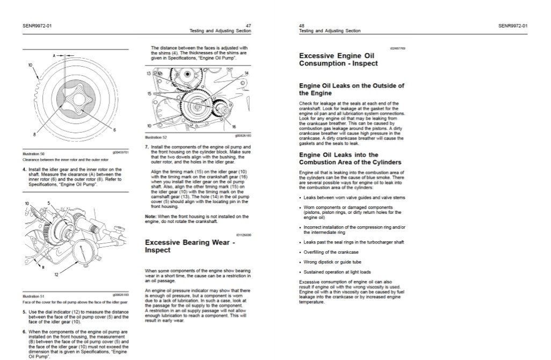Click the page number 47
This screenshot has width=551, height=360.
(249, 25)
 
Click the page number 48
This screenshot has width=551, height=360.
(301, 25)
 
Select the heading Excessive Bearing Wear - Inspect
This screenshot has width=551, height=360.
(190, 246)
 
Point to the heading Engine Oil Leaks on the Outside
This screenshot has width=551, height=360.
(351, 89)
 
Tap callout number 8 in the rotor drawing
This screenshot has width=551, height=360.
(34, 134)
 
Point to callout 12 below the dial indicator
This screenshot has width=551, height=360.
(56, 275)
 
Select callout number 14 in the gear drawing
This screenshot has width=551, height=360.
(247, 73)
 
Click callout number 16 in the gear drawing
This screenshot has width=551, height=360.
(234, 127)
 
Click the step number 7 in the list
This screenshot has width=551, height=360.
(147, 146)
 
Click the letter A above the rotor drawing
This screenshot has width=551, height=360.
(54, 55)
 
